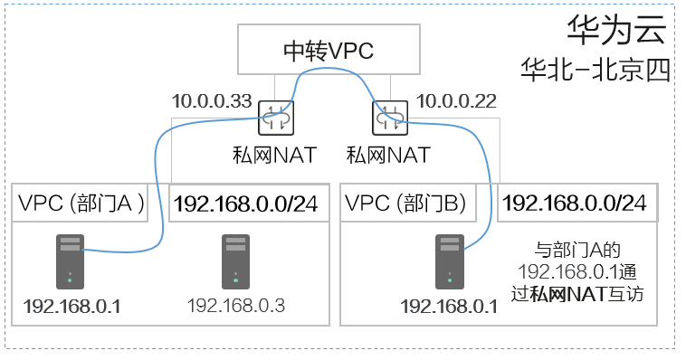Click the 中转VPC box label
[x=329, y=51]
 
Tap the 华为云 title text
[x=617, y=30]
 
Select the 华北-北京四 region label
[x=595, y=70]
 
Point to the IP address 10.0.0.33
[x=212, y=101]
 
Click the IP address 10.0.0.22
[x=456, y=101]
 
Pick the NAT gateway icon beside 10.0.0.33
[x=276, y=118]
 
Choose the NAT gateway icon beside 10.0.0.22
[x=390, y=118]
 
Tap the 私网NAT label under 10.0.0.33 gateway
[x=274, y=155]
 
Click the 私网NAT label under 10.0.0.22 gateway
[x=388, y=155]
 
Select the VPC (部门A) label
[x=81, y=203]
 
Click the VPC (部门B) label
[x=405, y=203]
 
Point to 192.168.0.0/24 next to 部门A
[x=246, y=204]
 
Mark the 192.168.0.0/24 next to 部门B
[x=575, y=203]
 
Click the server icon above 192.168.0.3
[x=236, y=261]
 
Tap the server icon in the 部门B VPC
[x=450, y=261]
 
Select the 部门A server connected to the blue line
[x=70, y=261]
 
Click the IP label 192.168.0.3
[x=236, y=306]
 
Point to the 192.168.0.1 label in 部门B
[x=449, y=307]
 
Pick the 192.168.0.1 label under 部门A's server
[x=71, y=307]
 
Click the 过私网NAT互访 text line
[x=577, y=294]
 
